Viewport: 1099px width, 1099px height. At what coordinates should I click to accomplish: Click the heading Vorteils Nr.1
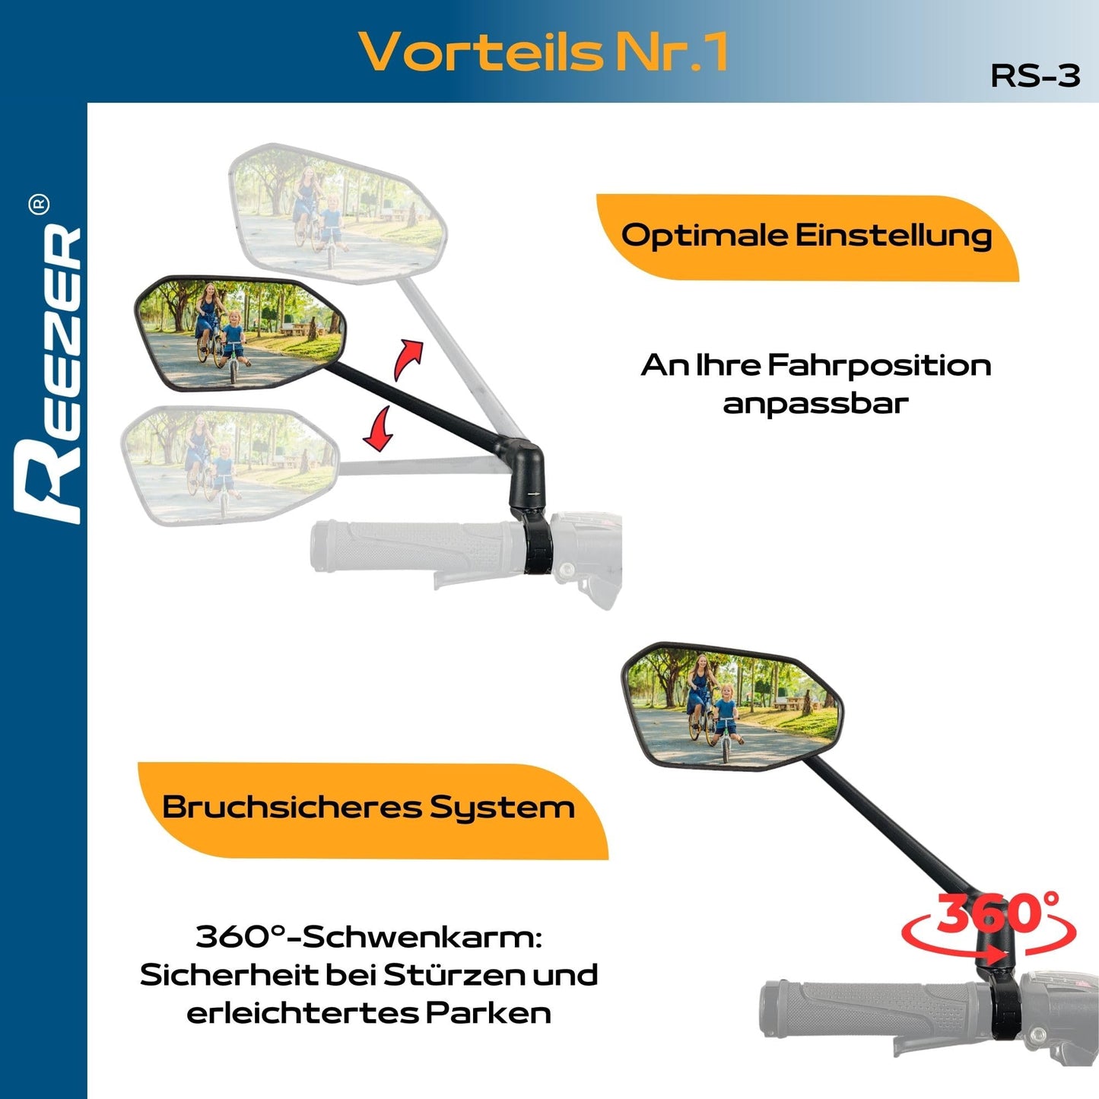click(x=543, y=52)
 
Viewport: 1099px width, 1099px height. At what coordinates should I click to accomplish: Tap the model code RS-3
click(x=1035, y=76)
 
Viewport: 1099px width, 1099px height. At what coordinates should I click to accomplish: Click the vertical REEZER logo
click(x=49, y=373)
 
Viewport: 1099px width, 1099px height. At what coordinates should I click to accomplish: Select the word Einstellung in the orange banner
click(x=894, y=237)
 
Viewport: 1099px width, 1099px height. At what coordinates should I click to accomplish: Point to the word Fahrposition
click(x=878, y=366)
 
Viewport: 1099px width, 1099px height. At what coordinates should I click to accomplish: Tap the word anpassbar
click(x=815, y=403)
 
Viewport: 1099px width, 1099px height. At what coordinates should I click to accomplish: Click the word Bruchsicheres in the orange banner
click(x=292, y=807)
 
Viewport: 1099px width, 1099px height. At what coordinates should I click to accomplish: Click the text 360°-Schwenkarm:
click(x=369, y=936)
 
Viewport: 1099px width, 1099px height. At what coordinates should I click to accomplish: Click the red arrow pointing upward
click(x=408, y=358)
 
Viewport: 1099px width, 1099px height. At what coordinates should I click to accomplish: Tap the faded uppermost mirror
click(x=338, y=212)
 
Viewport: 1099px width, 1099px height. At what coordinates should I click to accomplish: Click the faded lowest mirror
click(x=227, y=463)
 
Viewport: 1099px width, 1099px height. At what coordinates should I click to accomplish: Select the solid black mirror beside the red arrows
click(x=239, y=333)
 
